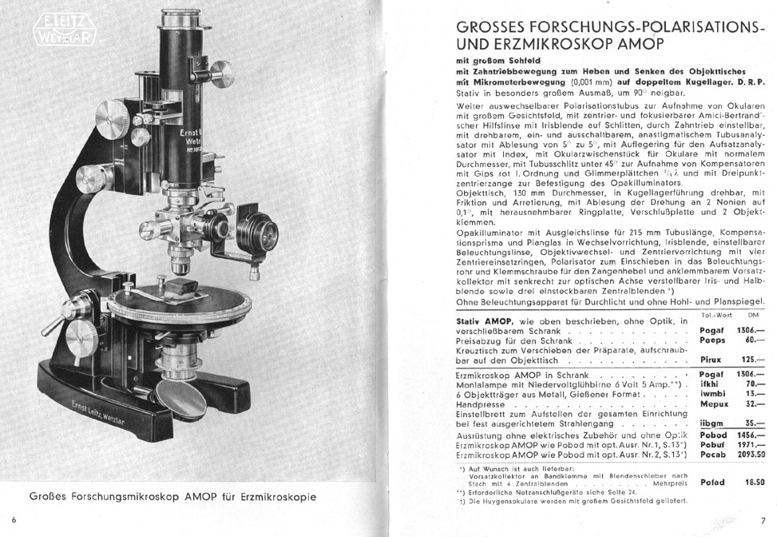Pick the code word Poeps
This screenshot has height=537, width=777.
(x=712, y=340)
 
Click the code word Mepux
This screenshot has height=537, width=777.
(x=712, y=404)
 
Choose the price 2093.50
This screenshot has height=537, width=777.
(x=750, y=453)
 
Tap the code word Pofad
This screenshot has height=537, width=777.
(x=712, y=482)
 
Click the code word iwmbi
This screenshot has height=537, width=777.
(x=712, y=393)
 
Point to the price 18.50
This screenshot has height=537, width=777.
(x=755, y=482)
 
